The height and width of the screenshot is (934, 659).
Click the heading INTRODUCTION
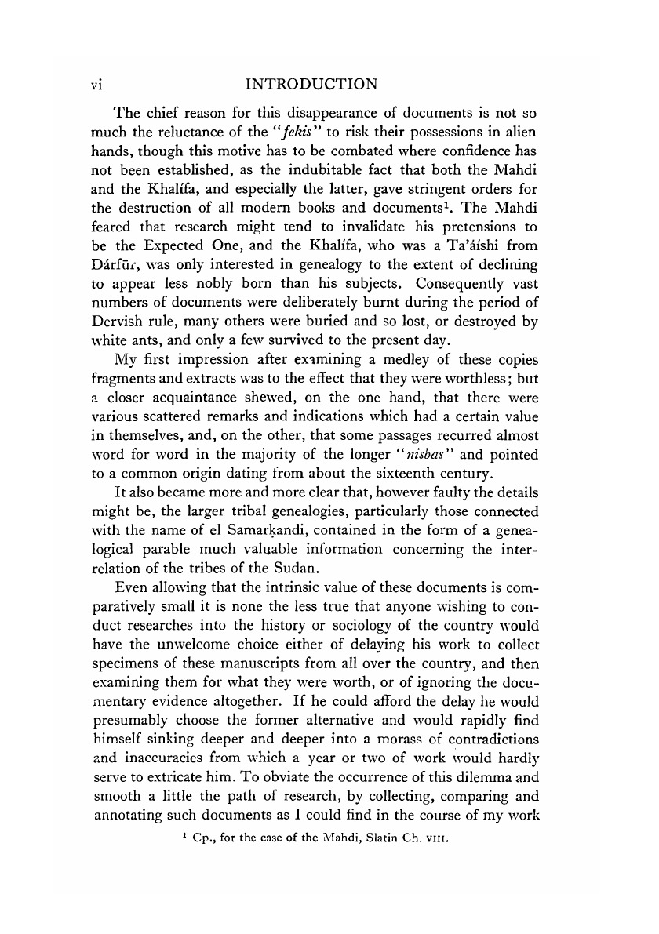click(x=311, y=82)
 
